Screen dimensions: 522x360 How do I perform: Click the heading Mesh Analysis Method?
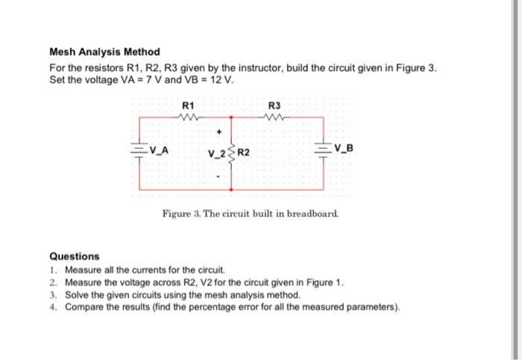104,52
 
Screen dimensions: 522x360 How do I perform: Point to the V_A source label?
158,149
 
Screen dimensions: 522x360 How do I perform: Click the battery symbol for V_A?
139,149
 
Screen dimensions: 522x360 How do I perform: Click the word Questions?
74,256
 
